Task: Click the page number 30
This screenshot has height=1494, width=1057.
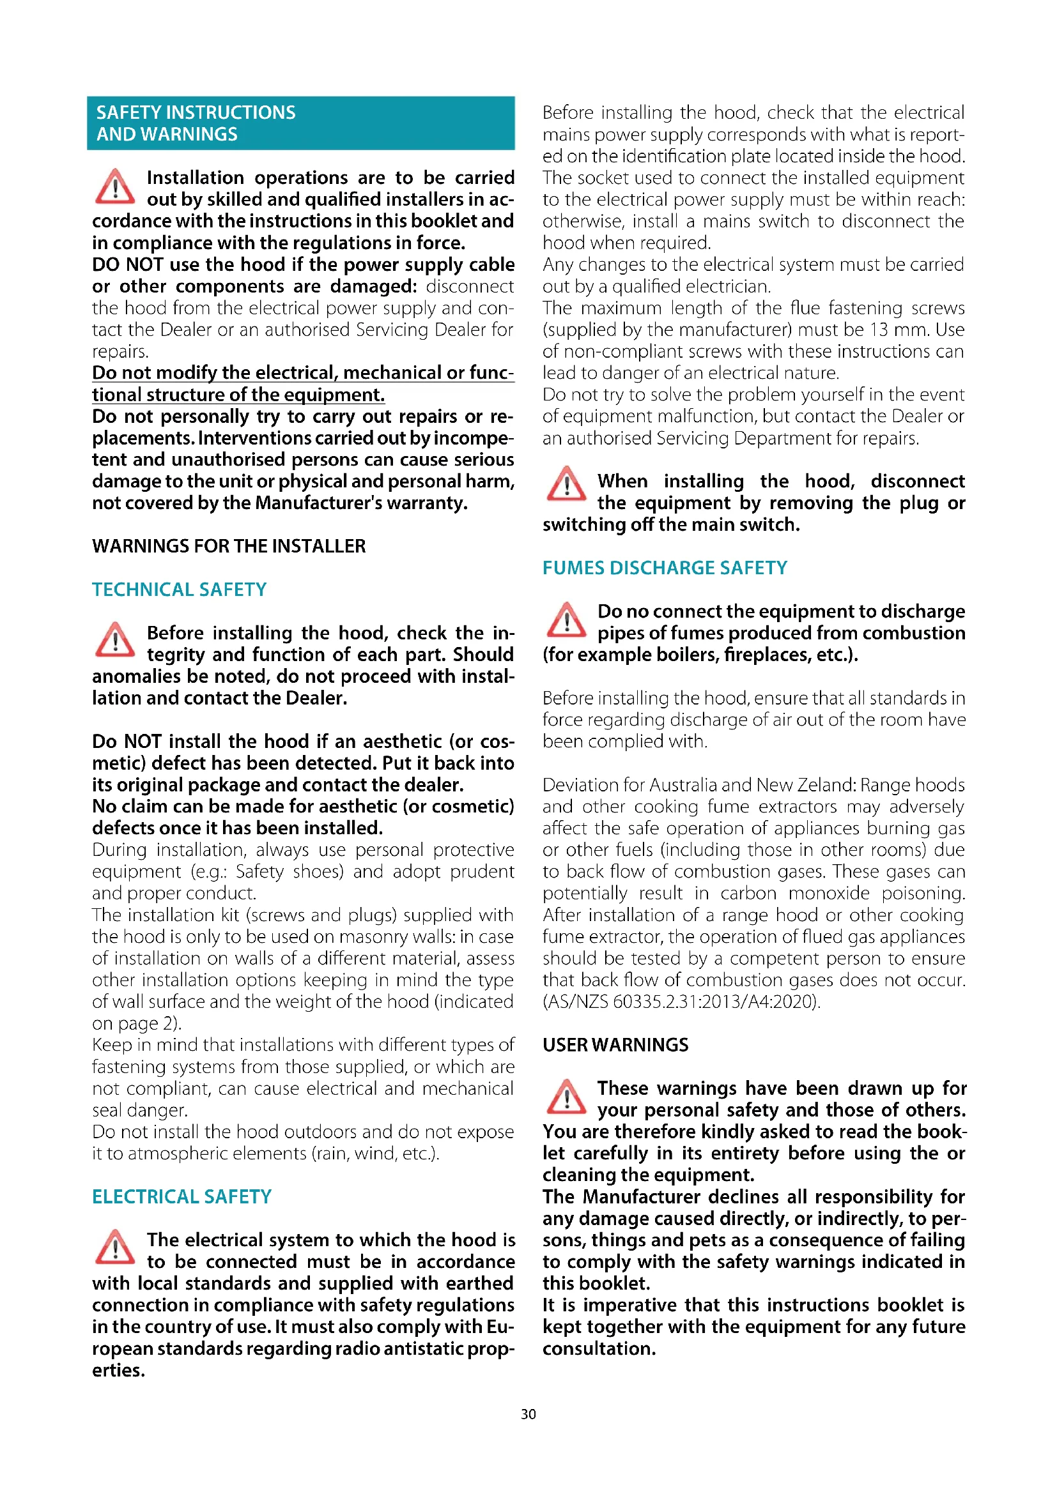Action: [x=528, y=1414]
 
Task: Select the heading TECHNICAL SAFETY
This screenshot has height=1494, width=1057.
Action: [x=179, y=590]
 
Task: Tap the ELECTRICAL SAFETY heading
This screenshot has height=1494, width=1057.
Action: [x=181, y=1196]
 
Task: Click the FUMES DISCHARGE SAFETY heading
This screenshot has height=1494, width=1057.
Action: [x=665, y=568]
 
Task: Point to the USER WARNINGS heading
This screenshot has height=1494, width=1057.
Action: [x=615, y=1045]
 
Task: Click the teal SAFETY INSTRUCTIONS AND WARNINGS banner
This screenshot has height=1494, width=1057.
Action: [x=300, y=124]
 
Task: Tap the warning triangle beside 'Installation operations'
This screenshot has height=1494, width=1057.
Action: [x=115, y=187]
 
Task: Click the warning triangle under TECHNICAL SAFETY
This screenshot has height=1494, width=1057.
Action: [x=115, y=640]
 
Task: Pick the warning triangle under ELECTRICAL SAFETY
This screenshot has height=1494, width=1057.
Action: [x=115, y=1247]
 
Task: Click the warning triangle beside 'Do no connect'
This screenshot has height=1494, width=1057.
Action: [x=566, y=620]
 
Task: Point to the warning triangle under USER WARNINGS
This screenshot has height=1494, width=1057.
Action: [x=566, y=1097]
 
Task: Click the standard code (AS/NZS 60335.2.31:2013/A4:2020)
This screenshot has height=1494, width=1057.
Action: [x=681, y=1002]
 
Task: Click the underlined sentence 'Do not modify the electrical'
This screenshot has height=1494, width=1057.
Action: [x=303, y=384]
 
